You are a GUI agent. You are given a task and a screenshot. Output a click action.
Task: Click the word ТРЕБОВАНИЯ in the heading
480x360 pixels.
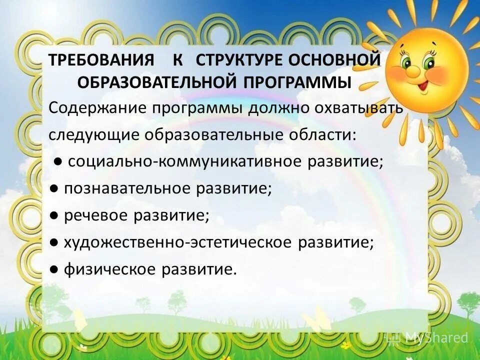pos(100,61)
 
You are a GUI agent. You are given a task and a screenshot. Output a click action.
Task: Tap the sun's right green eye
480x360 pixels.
pos(431,62)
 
